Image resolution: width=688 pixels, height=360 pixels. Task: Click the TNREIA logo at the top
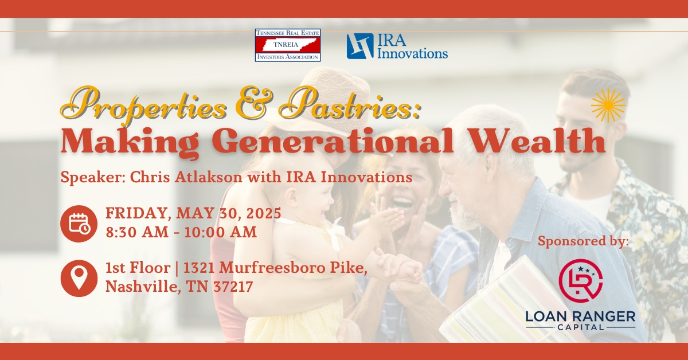click(288, 45)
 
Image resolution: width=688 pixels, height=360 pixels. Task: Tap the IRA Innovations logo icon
click(360, 46)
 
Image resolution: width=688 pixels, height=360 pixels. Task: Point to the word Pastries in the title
click(349, 104)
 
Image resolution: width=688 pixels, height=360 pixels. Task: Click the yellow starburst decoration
click(608, 105)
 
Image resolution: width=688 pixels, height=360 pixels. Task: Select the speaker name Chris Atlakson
click(186, 177)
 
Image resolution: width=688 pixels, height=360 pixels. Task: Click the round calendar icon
click(79, 224)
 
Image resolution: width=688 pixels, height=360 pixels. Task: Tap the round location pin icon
click(79, 278)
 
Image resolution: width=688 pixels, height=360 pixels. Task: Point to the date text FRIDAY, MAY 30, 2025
click(194, 213)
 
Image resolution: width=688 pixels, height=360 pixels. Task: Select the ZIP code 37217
click(233, 287)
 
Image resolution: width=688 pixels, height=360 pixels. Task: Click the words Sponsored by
click(583, 241)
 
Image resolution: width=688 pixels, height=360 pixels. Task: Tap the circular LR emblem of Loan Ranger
click(580, 281)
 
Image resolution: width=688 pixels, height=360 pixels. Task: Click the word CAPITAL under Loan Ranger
click(580, 327)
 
